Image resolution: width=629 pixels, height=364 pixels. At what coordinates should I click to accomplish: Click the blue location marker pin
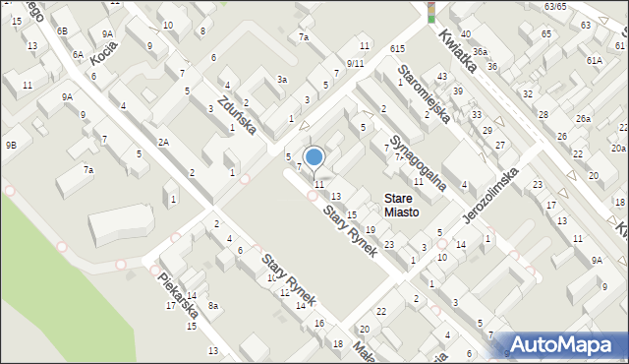314,157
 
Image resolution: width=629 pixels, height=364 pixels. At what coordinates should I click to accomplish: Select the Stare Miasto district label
401,205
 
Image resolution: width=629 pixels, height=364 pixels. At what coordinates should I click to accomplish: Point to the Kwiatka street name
458,49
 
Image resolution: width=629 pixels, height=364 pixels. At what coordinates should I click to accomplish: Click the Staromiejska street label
424,93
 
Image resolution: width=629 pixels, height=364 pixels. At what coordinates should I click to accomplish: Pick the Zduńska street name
237,114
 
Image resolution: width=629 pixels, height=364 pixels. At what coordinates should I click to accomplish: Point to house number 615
398,48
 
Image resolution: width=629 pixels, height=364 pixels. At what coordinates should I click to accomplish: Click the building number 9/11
355,63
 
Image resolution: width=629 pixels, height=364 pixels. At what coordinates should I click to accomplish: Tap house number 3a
282,79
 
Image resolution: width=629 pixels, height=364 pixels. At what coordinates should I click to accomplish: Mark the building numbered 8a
212,307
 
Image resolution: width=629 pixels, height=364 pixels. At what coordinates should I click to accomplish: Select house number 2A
164,143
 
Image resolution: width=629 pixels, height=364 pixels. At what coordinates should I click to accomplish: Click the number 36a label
480,51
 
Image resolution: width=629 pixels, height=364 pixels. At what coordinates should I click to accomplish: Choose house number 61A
595,60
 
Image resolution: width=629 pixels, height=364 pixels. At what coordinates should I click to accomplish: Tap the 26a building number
584,119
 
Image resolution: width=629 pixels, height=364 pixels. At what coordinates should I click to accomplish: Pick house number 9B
11,145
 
